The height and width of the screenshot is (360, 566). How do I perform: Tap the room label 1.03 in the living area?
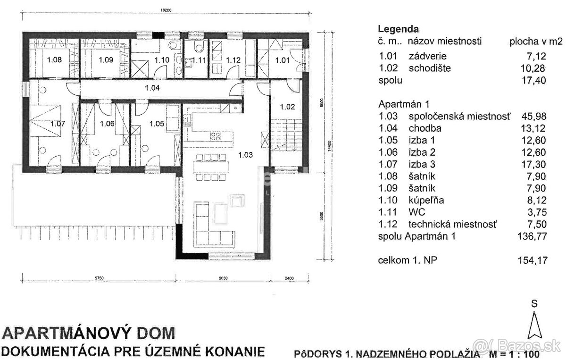tap(245, 154)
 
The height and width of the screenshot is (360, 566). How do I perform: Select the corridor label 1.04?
tap(152, 88)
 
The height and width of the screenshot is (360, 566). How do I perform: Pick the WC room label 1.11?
tap(200, 60)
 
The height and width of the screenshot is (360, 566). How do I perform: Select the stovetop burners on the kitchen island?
tap(216, 136)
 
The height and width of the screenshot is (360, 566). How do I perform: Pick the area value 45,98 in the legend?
tap(534, 117)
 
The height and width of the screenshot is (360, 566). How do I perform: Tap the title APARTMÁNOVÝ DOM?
tap(89, 333)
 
